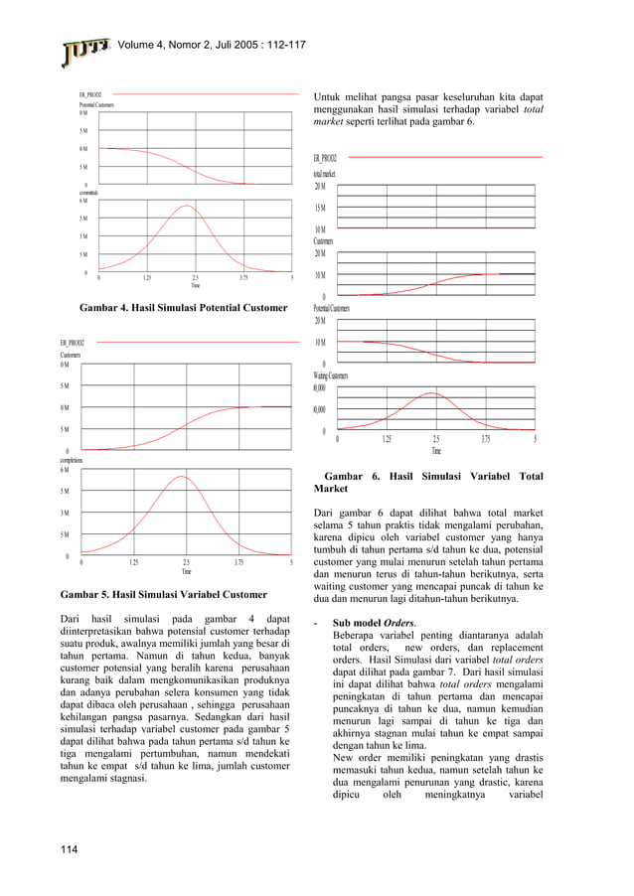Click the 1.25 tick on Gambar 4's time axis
[x=147, y=278]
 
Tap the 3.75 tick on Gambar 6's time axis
[x=485, y=439]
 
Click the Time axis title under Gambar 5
[x=186, y=572]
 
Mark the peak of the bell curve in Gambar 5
[x=182, y=477]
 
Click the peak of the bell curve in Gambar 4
[x=187, y=206]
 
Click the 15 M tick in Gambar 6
[x=321, y=208]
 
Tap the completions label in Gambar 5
[x=71, y=461]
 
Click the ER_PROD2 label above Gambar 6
[x=325, y=158]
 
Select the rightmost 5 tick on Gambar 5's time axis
[x=291, y=563]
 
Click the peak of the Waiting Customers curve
[x=432, y=393]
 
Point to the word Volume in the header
[x=142, y=44]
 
